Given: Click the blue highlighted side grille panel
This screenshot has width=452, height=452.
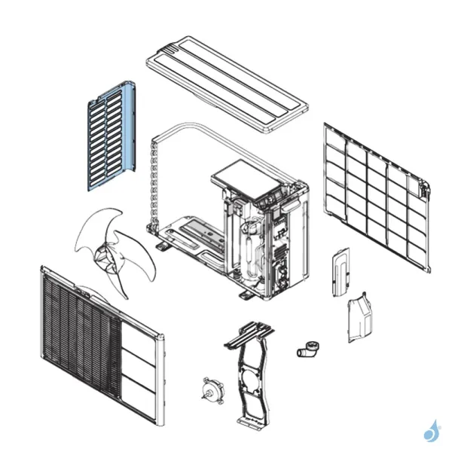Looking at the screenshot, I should point(111,136).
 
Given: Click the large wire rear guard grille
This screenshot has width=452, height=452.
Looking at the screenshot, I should point(377,196).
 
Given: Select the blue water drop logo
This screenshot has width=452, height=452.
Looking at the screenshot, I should point(432,431).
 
